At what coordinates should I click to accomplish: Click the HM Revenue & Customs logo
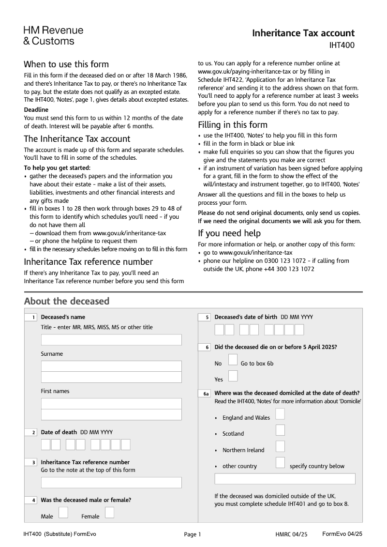(53, 36)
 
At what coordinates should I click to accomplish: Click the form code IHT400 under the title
(342, 46)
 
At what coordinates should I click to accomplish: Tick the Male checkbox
(63, 512)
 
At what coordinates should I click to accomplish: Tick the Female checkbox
(110, 512)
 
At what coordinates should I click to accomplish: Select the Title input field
(111, 340)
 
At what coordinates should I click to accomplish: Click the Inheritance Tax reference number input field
(111, 483)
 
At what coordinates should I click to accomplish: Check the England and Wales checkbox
(280, 414)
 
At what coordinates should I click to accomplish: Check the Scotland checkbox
(280, 430)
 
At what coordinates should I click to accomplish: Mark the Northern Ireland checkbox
(280, 446)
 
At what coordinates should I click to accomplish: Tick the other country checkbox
(280, 462)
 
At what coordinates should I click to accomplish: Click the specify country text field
(285, 479)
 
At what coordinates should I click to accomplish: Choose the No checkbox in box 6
(233, 359)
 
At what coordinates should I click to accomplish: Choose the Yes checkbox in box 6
(233, 376)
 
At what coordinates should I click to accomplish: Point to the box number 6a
(205, 394)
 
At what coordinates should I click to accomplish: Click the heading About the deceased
(67, 301)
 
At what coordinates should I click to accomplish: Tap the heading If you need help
(229, 233)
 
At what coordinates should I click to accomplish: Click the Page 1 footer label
(192, 534)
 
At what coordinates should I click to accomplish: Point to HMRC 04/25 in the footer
(291, 534)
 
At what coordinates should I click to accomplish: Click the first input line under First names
(111, 404)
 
